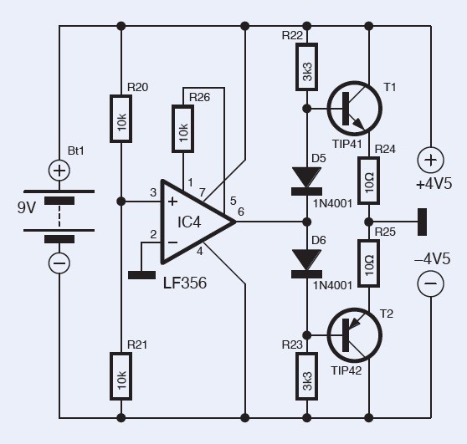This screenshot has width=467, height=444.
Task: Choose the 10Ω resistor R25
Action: (x=368, y=262)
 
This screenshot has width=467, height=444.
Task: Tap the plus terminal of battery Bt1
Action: (x=59, y=171)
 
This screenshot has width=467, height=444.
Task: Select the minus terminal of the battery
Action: (x=59, y=263)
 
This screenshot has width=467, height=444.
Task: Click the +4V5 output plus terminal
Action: (x=430, y=161)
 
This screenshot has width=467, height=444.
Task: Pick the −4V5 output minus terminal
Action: (x=430, y=285)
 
